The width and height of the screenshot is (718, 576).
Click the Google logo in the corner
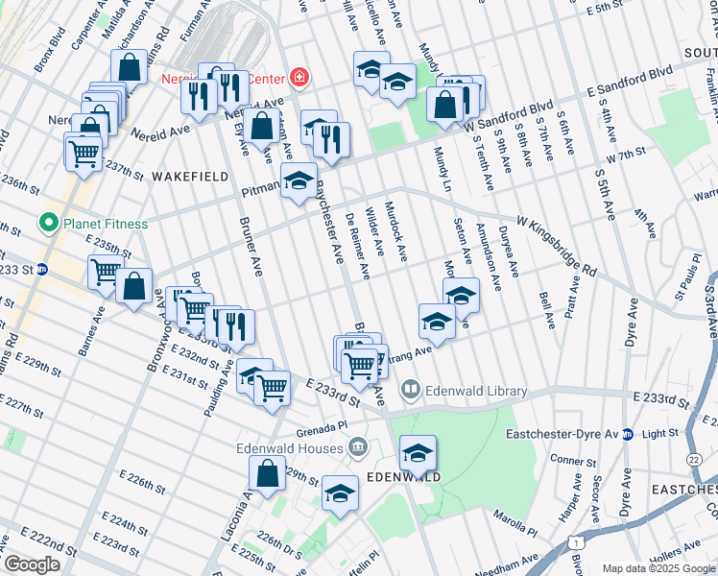pos(32,564)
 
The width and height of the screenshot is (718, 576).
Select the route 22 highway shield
pos(693,462)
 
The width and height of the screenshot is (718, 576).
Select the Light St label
pos(660,434)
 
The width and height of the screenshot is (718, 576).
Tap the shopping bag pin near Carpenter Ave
pos(129,67)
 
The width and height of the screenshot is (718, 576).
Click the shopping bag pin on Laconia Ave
pos(267,474)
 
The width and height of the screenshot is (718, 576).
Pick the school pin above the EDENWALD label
pos(418,453)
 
